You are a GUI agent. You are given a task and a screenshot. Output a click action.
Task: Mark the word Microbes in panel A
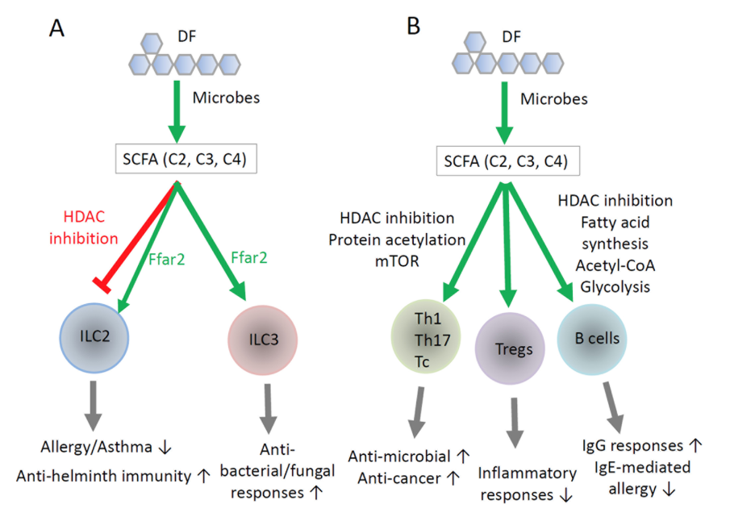tap(226, 99)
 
